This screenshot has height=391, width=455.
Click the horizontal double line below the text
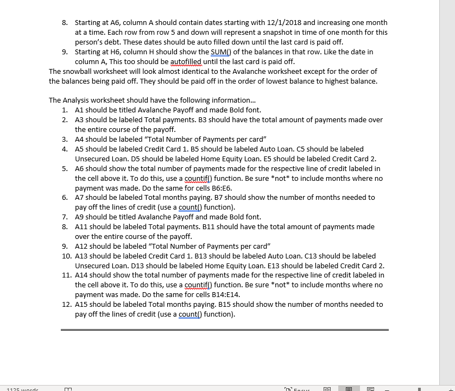(224, 329)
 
